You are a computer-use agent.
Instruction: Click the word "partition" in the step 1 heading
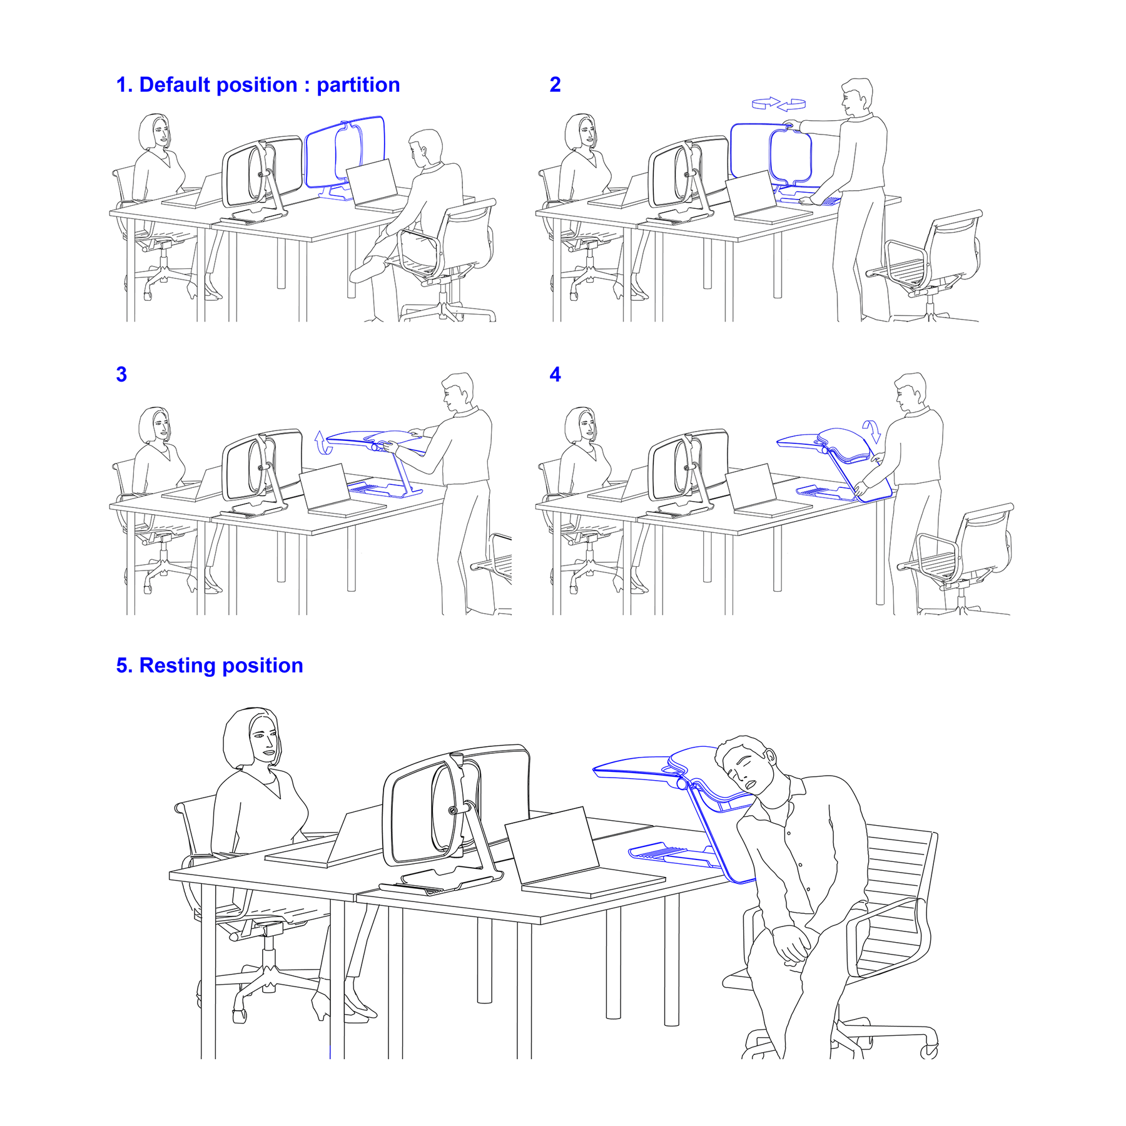coord(358,85)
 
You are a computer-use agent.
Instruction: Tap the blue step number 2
coord(555,85)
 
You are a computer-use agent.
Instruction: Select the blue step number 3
coord(121,375)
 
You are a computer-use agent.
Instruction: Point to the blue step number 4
coord(555,375)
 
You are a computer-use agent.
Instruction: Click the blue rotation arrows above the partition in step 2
coord(778,104)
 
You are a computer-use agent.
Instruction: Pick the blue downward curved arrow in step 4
coord(871,431)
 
